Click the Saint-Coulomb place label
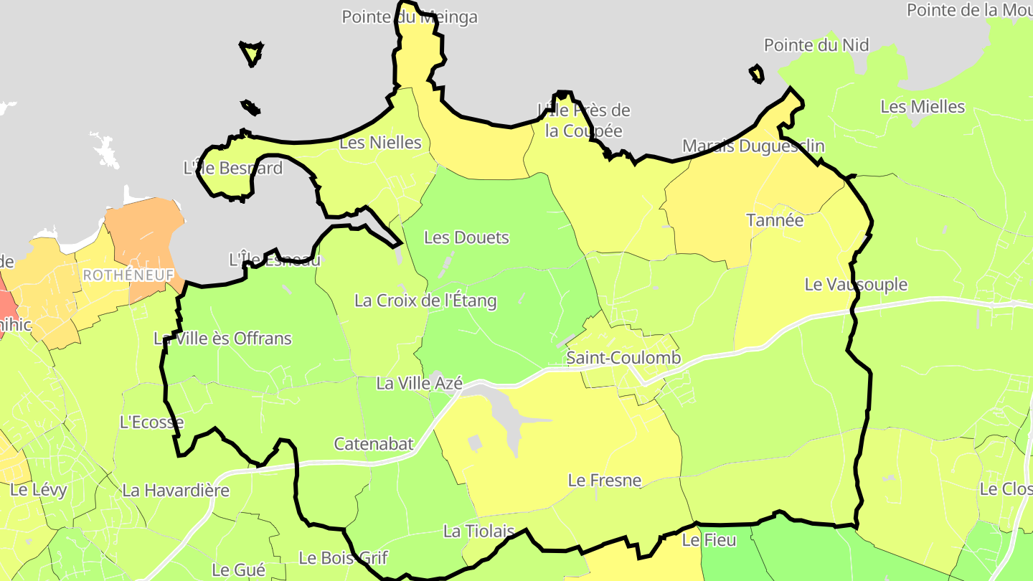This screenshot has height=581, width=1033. point(623,358)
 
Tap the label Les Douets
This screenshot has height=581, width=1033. point(466,237)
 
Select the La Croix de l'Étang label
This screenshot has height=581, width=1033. point(425,301)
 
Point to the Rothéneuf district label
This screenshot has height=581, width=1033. point(128,275)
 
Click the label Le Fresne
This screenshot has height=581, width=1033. point(605,480)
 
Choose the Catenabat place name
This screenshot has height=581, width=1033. point(374,444)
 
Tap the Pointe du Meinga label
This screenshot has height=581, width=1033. point(410,16)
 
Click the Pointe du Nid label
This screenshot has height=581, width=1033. point(816,45)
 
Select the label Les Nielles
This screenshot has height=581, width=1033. point(380,143)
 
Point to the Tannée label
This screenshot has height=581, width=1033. point(775,220)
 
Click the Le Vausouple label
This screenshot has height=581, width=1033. point(856,285)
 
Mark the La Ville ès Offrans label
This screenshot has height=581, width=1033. point(223,339)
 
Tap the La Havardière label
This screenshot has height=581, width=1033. point(176,491)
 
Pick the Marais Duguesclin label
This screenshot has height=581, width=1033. point(753,146)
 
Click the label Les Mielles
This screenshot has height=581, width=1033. point(923,107)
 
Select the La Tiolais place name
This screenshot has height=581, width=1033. point(479,532)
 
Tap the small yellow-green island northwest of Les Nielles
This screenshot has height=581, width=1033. point(251,53)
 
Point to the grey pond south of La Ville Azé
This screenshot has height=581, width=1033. point(505,413)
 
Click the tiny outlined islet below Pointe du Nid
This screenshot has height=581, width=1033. point(756,73)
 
